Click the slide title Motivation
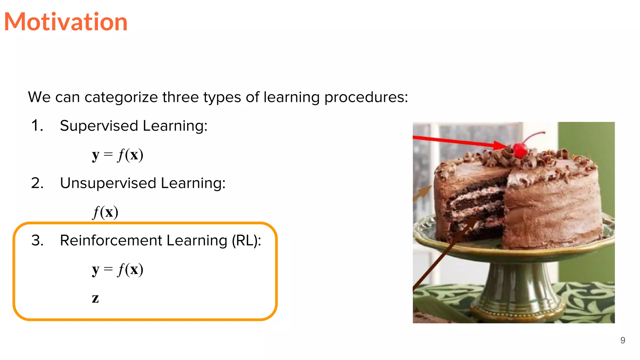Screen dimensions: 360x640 (66, 22)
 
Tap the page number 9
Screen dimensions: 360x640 (622, 340)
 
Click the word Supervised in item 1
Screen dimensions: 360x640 (99, 126)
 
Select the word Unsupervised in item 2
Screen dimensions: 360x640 (108, 183)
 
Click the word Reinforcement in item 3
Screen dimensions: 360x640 (111, 241)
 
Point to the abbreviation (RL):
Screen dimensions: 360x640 (246, 241)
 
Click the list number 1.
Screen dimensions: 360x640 (37, 126)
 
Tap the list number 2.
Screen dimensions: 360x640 (37, 183)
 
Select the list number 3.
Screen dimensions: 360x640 (37, 241)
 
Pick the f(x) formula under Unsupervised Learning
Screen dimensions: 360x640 (105, 212)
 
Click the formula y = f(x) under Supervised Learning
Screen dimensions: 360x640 (117, 155)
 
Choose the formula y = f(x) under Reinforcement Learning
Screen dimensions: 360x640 (117, 269)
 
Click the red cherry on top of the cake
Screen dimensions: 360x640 (520, 150)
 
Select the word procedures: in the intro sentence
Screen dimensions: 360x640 (366, 97)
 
